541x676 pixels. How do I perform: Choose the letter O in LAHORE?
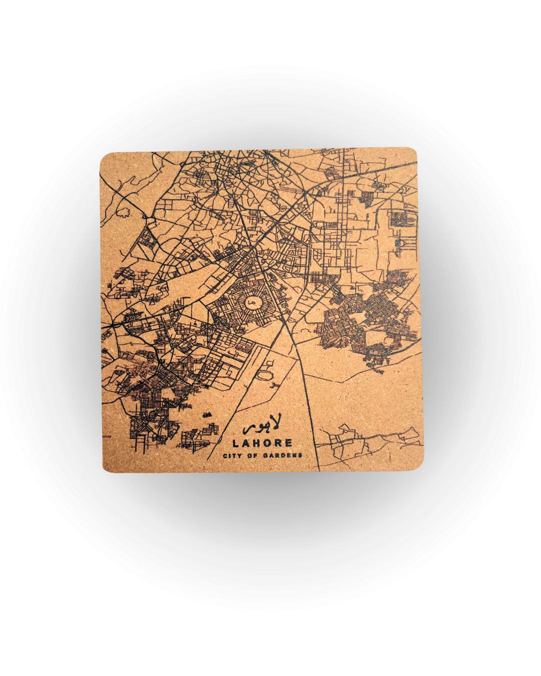tap(266, 443)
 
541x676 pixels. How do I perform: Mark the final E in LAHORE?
tap(289, 443)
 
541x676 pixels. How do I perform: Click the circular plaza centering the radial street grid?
tap(251, 302)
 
